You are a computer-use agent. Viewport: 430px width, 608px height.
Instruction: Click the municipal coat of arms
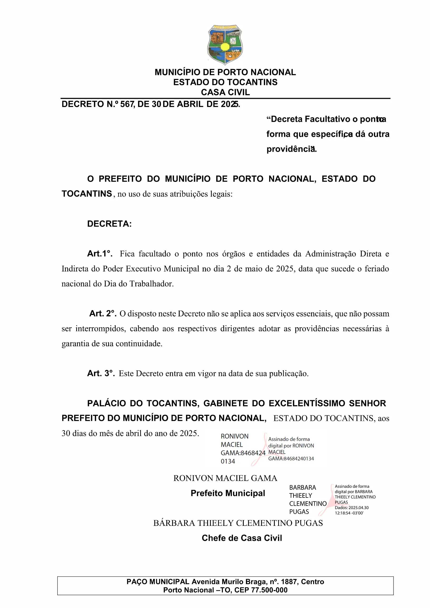click(225, 44)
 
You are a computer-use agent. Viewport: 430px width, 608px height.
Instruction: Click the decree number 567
click(127, 104)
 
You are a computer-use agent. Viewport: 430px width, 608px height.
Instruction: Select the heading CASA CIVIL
click(225, 92)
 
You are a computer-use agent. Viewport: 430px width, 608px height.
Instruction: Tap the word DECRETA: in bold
click(110, 224)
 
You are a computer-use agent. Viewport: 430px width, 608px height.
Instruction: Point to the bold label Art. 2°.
click(103, 313)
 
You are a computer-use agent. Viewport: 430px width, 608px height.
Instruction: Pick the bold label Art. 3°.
click(101, 373)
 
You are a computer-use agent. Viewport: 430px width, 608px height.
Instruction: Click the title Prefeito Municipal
click(228, 493)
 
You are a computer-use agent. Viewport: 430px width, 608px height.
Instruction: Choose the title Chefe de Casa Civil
click(242, 538)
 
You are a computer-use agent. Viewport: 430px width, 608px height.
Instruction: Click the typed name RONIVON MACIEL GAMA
click(225, 478)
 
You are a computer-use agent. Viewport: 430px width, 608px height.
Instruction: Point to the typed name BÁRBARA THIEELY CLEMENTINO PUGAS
click(238, 523)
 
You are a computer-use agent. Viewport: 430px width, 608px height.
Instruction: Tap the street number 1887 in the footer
click(289, 582)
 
